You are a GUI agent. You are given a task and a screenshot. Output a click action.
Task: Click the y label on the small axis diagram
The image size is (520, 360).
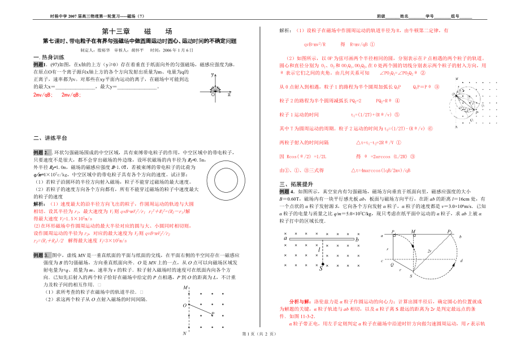click(x=212, y=75)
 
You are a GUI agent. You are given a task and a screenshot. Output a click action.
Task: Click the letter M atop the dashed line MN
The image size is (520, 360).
click(x=185, y=288)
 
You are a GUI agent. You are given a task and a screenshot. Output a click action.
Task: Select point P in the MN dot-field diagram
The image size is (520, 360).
click(x=212, y=313)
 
